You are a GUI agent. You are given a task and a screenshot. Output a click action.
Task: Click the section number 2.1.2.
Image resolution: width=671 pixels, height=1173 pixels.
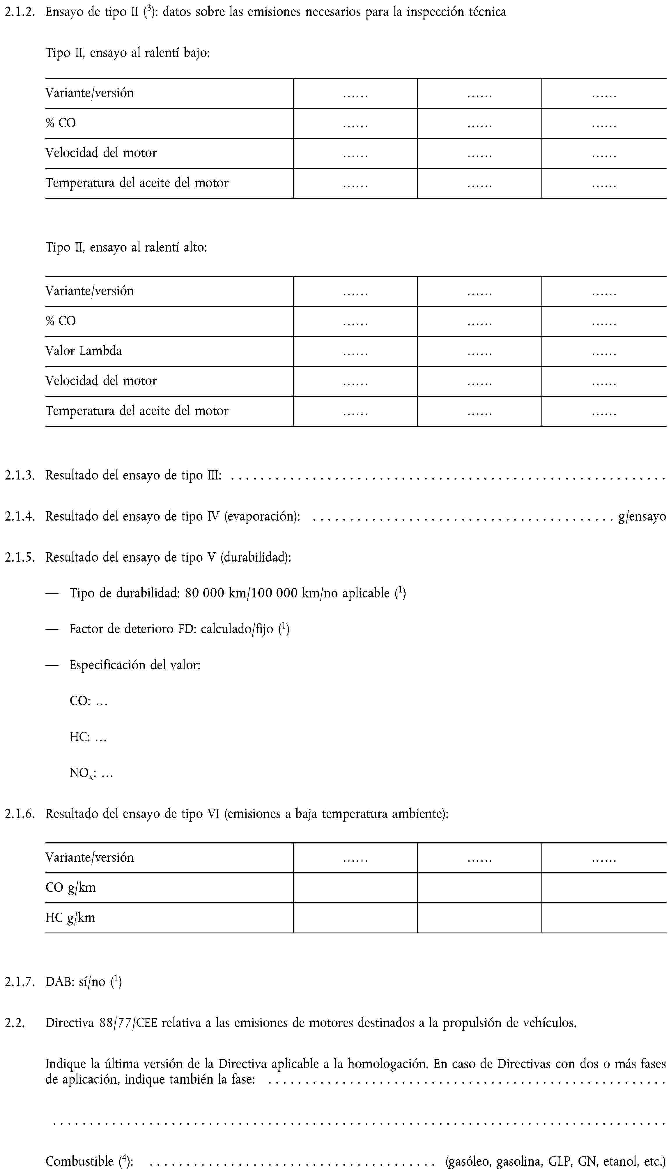(19, 12)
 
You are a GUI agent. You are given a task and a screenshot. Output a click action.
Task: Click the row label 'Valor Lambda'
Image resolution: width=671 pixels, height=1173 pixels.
(84, 351)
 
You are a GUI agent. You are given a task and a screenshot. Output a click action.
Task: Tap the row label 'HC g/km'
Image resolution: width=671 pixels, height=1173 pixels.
(70, 918)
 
